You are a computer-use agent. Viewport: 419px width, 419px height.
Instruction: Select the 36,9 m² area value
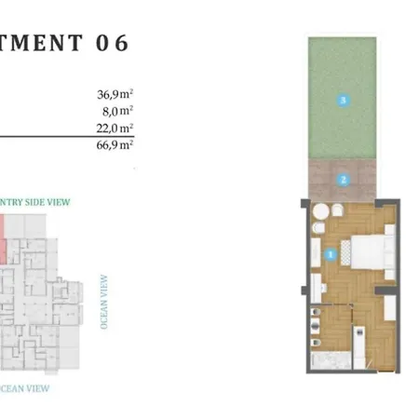point(115,93)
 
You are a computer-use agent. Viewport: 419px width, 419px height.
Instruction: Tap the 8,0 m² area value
point(118,109)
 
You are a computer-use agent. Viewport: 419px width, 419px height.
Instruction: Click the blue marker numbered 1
point(329,252)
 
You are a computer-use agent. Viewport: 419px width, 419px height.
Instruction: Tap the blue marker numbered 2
point(343,179)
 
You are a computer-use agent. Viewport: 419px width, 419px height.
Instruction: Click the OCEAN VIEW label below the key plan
point(26,388)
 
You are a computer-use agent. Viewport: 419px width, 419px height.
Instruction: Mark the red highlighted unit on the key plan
point(3,238)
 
